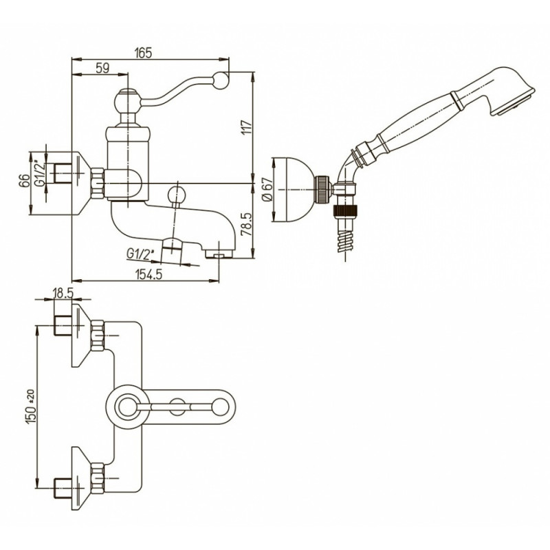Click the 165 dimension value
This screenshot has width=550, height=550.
[x=144, y=53]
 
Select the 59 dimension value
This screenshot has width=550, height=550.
[x=102, y=68]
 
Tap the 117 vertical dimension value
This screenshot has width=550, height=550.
[x=247, y=127]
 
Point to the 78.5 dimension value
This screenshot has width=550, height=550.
[x=247, y=224]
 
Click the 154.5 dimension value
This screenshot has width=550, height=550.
[x=148, y=274]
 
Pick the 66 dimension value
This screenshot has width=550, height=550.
[x=24, y=181]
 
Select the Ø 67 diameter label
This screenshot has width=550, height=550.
[x=267, y=190]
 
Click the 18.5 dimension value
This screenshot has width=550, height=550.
[x=63, y=293]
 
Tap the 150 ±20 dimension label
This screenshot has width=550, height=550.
[x=31, y=406]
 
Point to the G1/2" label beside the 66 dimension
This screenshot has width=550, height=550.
[x=41, y=173]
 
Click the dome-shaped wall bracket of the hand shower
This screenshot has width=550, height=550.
[x=294, y=190]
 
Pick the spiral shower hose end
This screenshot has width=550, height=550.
[x=345, y=240]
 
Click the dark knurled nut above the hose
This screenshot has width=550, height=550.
[x=345, y=212]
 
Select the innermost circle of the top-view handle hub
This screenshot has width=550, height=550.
[x=127, y=406]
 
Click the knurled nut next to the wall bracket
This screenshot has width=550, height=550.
[x=322, y=190]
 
